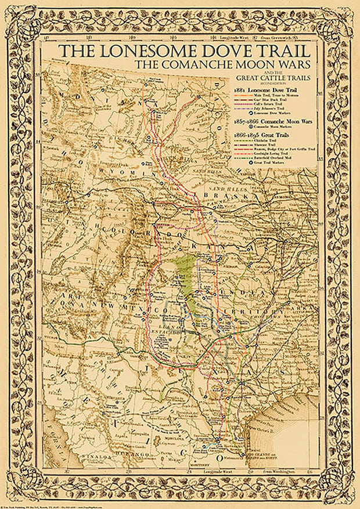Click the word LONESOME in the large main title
click(147, 50)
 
